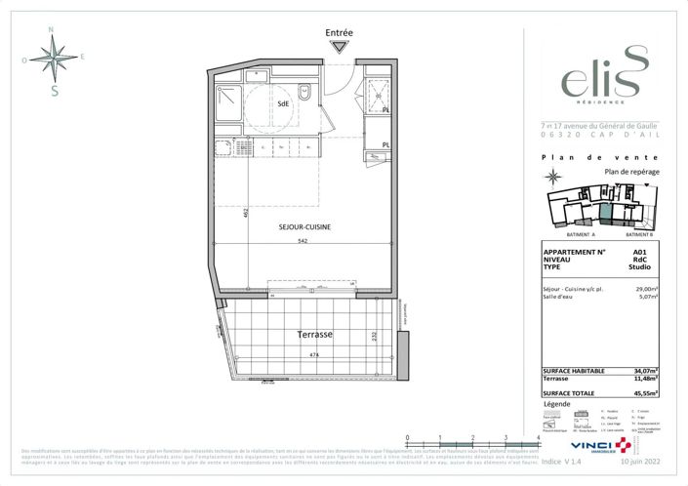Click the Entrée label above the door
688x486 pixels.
click(x=339, y=32)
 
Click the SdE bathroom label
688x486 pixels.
click(x=283, y=102)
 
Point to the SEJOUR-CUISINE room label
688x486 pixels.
click(x=303, y=226)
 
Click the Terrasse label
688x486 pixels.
click(x=314, y=334)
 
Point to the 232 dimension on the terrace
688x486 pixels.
click(x=375, y=337)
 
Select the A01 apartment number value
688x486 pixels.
click(x=639, y=252)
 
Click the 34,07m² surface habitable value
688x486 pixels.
click(x=643, y=371)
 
